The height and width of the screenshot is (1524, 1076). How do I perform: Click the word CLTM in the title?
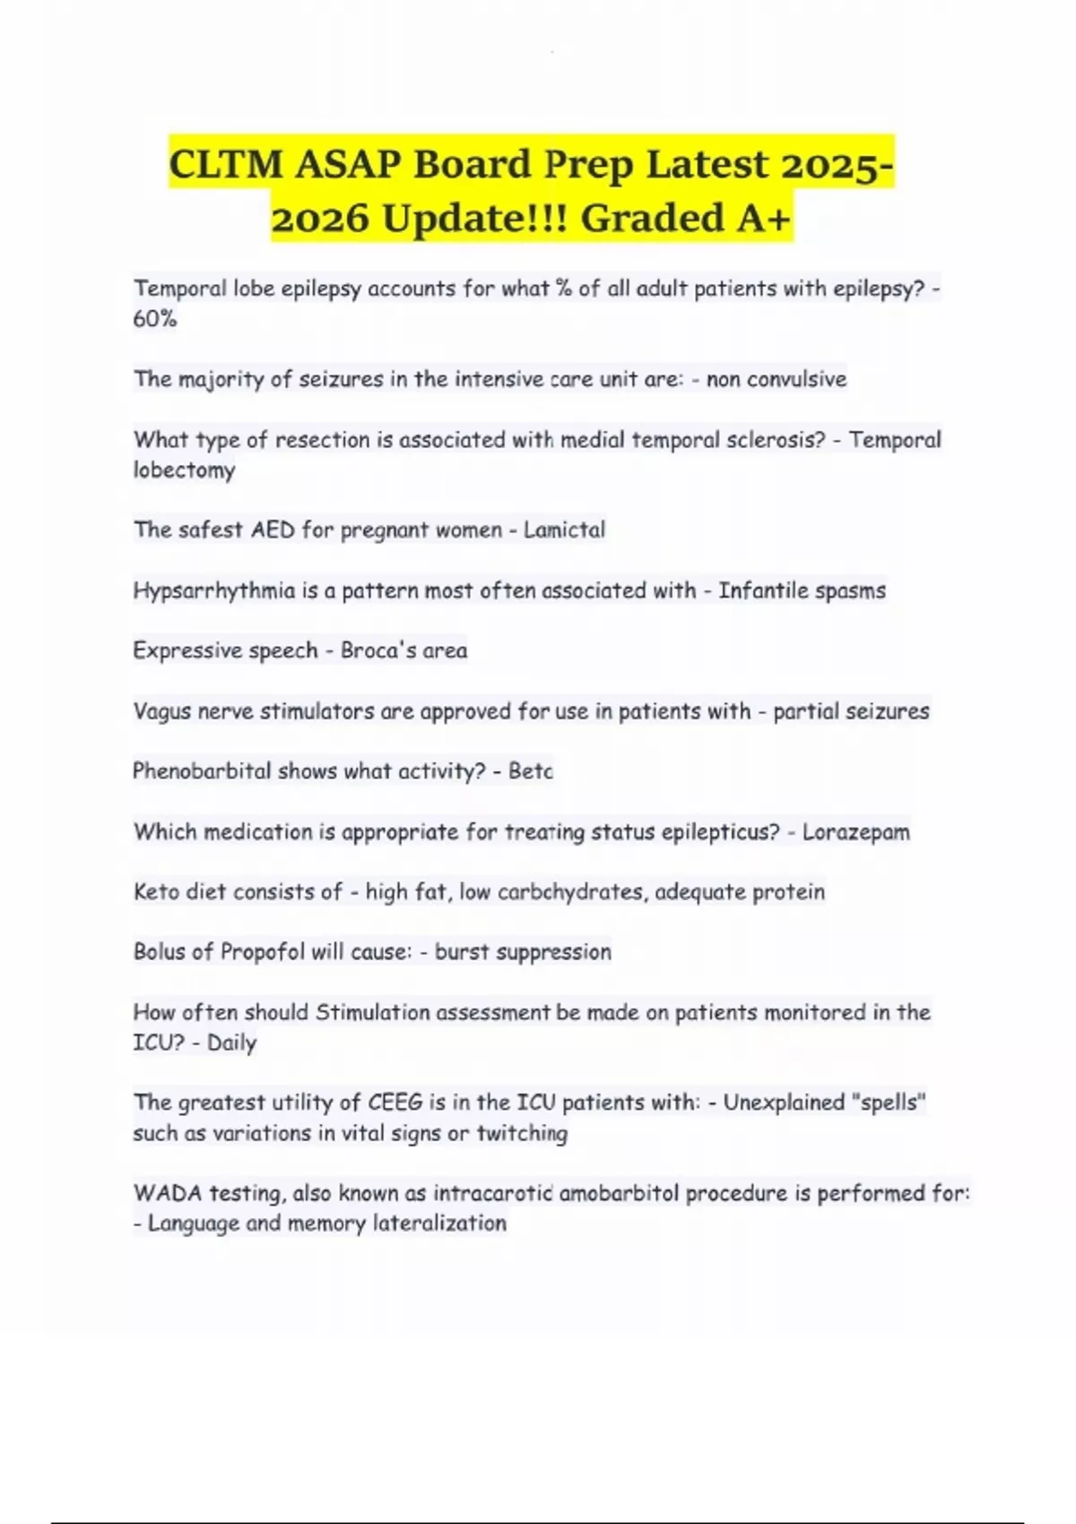point(226,164)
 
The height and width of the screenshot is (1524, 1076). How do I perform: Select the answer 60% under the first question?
point(155,319)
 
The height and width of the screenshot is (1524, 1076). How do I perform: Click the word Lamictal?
point(564,530)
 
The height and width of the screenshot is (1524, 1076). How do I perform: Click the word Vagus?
point(162,712)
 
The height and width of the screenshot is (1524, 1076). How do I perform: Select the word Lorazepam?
point(855,832)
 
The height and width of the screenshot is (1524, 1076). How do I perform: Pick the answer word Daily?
point(231,1043)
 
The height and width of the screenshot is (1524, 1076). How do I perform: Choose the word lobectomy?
point(184,471)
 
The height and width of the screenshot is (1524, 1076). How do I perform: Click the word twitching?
point(522,1133)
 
